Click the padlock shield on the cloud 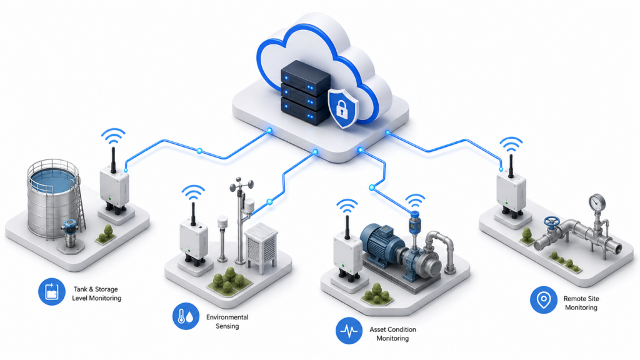343,107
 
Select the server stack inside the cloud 305,92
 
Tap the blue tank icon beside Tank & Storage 52,292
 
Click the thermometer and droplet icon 186,316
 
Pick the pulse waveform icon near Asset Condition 349,331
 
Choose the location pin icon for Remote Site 544,300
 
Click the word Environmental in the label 227,317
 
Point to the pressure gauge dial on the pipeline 597,202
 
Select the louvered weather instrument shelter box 261,247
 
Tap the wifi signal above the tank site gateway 113,136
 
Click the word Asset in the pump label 378,329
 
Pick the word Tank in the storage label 81,289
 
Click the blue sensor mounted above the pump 414,223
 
